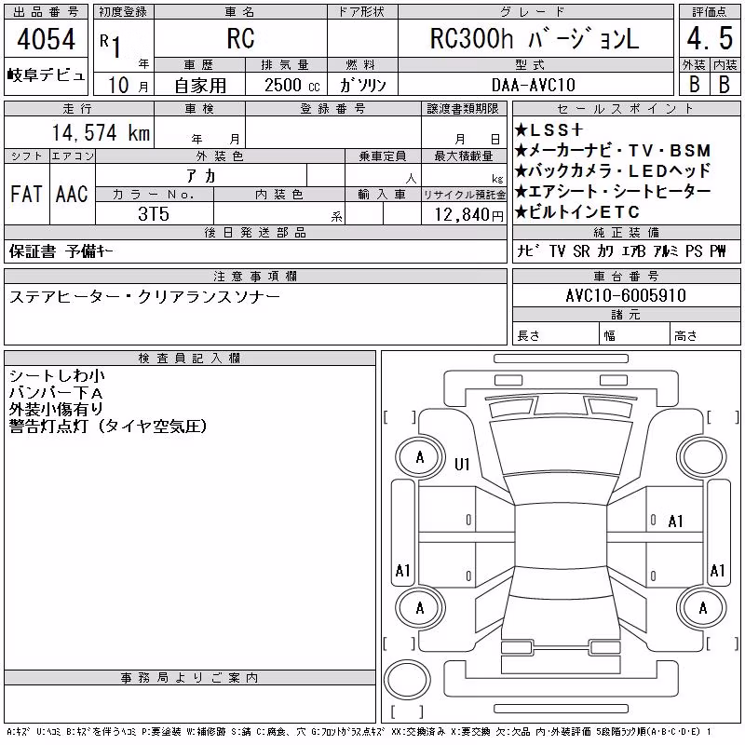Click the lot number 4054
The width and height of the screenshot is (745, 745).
pyautogui.click(x=46, y=39)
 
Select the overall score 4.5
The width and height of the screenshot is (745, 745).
pyautogui.click(x=710, y=38)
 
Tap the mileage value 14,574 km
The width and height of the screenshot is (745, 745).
pyautogui.click(x=101, y=132)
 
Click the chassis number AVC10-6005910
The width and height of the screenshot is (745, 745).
pyautogui.click(x=626, y=295)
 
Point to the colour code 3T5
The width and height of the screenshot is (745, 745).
pyautogui.click(x=154, y=214)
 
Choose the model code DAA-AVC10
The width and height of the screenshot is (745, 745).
pyautogui.click(x=533, y=85)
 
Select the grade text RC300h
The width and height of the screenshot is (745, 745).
pyautogui.click(x=471, y=39)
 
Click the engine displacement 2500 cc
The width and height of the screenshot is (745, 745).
pyautogui.click(x=292, y=86)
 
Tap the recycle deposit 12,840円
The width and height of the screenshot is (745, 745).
pyautogui.click(x=468, y=215)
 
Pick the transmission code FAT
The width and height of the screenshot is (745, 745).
pyautogui.click(x=26, y=194)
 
